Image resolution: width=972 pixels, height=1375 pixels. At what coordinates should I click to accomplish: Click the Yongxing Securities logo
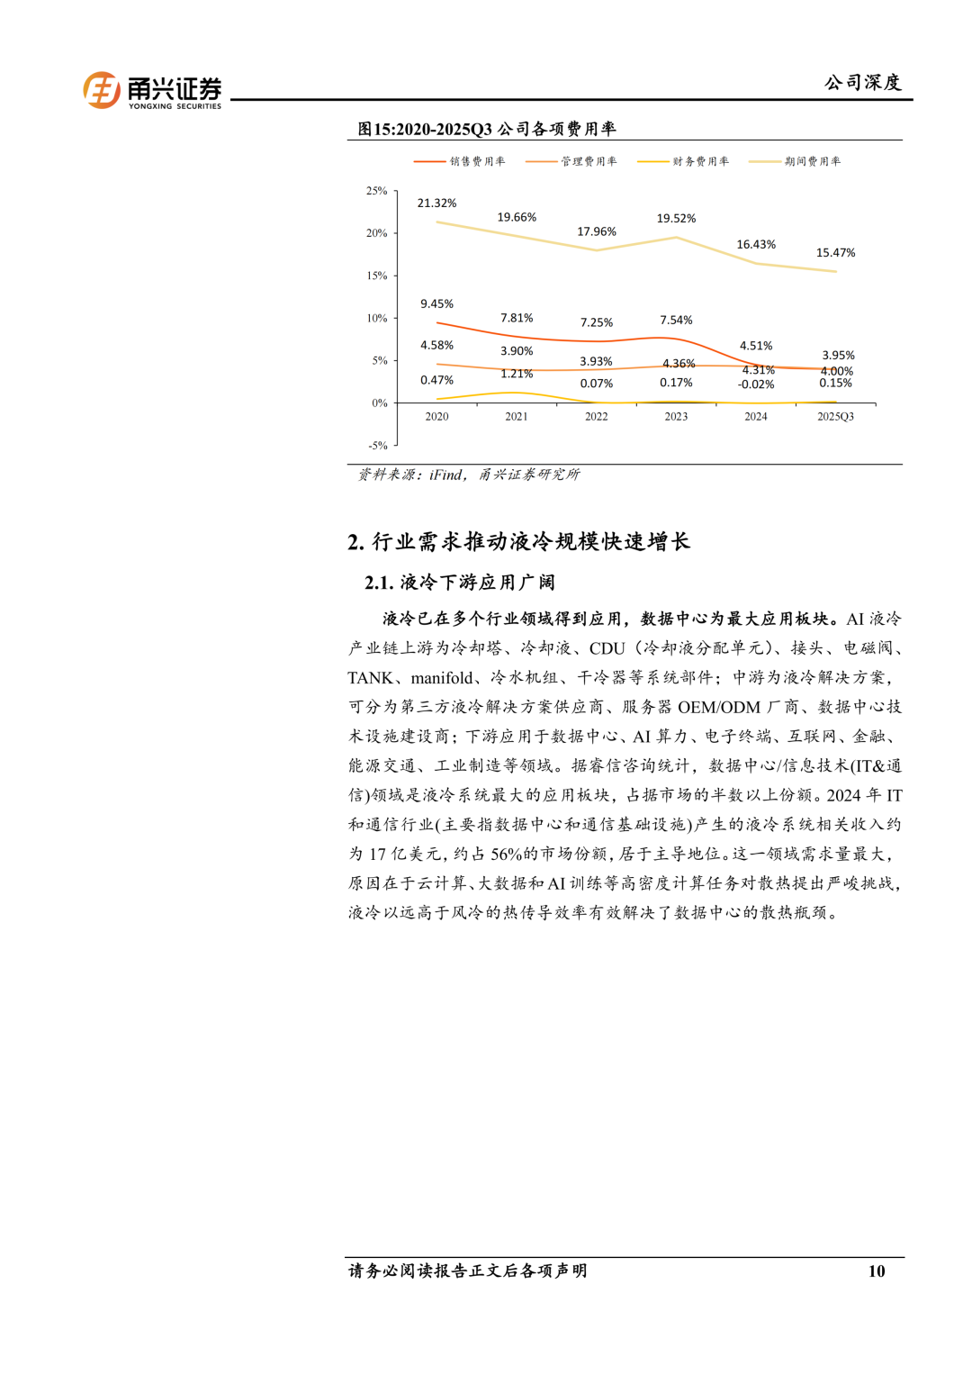[152, 91]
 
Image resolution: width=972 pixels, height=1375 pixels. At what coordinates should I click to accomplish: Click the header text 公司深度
[862, 83]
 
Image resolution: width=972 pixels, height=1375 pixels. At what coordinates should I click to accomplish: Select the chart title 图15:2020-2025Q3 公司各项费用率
[486, 129]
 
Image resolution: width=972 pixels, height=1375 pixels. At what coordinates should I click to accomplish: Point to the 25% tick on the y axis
[376, 191]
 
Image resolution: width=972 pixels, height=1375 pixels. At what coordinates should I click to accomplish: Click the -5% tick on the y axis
[377, 446]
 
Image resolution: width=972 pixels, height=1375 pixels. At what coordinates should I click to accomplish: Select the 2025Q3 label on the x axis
[835, 417]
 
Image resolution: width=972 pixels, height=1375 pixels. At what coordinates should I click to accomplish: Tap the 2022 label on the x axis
[596, 417]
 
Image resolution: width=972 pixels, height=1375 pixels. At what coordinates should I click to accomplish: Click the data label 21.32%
[436, 204]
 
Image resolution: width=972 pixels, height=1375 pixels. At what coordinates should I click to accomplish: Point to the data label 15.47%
[835, 253]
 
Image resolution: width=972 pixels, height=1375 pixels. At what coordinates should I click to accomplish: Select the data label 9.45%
[436, 304]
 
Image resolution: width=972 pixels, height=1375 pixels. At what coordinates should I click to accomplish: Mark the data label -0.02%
[756, 384]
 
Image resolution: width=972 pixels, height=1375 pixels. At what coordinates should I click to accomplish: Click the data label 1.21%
[517, 374]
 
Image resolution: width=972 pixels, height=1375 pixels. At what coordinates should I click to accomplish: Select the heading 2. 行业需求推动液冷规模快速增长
[518, 541]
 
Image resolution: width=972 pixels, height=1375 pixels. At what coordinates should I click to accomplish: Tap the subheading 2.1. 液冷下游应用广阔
[459, 583]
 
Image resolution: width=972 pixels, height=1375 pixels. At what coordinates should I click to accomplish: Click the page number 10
[876, 1271]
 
